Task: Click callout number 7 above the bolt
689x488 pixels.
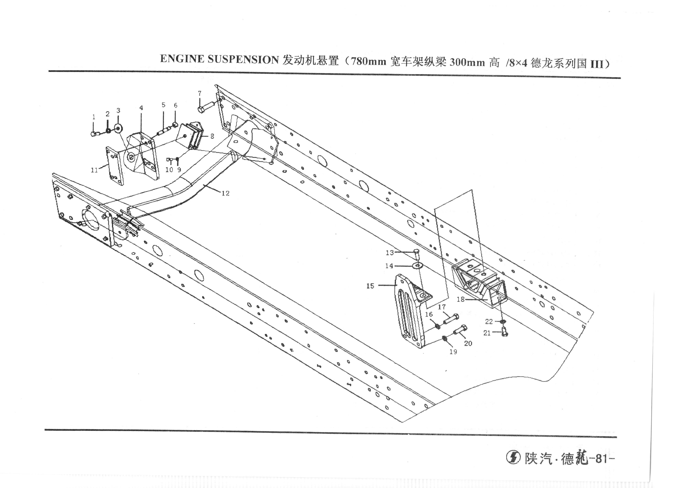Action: click(200, 93)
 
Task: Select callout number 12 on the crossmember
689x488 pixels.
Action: click(225, 193)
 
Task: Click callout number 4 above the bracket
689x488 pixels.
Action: click(141, 108)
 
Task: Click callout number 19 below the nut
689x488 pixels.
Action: click(453, 352)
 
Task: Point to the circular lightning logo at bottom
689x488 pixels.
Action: click(513, 458)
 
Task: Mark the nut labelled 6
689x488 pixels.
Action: click(175, 124)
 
